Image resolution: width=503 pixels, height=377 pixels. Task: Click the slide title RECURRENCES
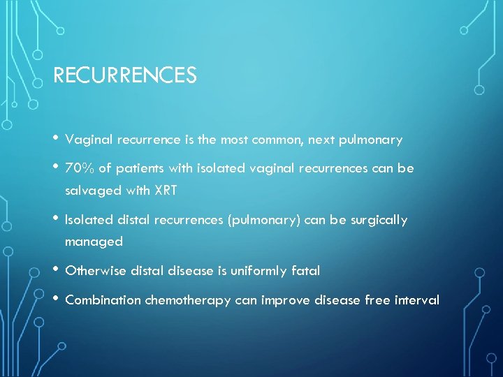click(124, 75)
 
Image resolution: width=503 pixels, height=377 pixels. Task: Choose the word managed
click(94, 242)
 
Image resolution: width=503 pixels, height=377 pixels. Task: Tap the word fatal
click(305, 271)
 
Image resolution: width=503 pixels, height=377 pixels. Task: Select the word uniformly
click(258, 271)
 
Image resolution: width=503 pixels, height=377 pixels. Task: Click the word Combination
click(102, 300)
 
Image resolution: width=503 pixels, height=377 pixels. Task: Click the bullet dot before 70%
click(56, 166)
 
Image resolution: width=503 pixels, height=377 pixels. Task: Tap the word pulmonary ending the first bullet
click(372, 140)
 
